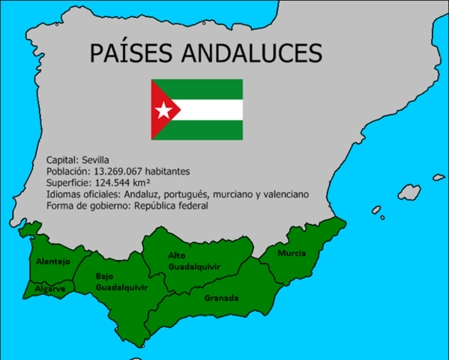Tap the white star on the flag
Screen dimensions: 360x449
(x=163, y=110)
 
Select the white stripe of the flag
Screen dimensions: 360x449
(x=210, y=109)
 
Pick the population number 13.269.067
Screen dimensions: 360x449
(x=121, y=171)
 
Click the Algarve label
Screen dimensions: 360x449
(x=49, y=289)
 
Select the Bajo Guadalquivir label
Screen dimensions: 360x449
(x=120, y=281)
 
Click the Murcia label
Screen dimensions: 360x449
(x=292, y=253)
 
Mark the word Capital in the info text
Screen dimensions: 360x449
(x=61, y=160)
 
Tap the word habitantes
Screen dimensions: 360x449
(x=175, y=171)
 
